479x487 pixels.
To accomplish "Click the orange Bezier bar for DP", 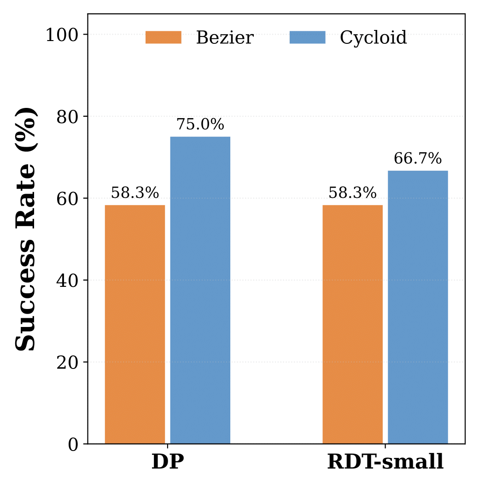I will [x=135, y=324].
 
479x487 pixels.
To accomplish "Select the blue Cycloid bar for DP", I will [x=200, y=290].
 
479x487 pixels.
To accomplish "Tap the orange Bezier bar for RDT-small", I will [x=352, y=324].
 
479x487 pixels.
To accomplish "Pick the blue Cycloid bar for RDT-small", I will [x=418, y=307].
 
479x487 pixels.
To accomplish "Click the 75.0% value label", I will [x=200, y=125].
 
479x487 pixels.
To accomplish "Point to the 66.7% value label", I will [x=418, y=159].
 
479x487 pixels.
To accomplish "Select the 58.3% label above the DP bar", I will [x=135, y=193].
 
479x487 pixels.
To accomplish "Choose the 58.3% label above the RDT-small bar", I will [x=352, y=193].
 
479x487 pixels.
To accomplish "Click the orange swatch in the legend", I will [x=164, y=37].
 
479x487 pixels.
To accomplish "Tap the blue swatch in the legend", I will [x=307, y=37].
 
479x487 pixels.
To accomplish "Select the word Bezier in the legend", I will [x=225, y=38].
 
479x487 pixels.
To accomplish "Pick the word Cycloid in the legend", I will [x=374, y=38].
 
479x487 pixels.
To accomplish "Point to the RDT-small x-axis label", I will [x=385, y=462].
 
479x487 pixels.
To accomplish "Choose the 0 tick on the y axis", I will [x=73, y=444].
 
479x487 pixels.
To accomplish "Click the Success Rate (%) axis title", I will [x=25, y=229].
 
